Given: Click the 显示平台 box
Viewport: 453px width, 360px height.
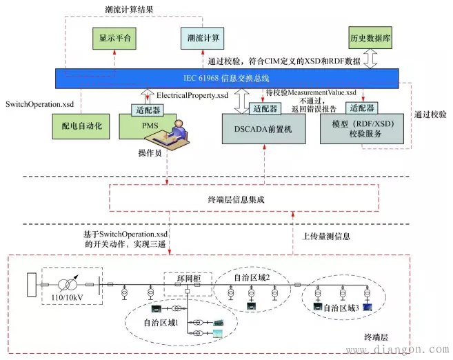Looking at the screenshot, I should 113,37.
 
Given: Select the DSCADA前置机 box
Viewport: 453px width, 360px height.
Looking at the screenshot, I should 262,129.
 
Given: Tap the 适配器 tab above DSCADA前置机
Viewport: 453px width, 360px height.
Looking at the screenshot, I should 265,108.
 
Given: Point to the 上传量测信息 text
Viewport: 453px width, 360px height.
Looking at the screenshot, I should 328,236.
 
